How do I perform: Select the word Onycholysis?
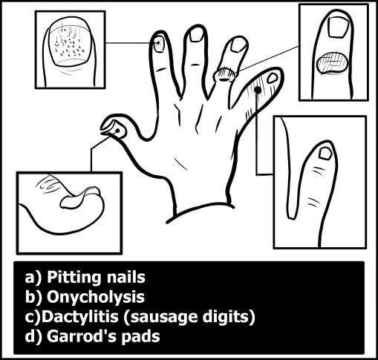point(90,298)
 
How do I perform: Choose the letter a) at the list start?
point(33,279)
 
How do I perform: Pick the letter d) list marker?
point(33,337)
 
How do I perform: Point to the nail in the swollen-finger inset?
point(325,154)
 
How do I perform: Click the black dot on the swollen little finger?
point(258,90)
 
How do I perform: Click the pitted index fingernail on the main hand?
point(158,44)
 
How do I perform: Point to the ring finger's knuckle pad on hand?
point(225,73)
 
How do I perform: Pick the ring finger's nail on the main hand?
point(237,45)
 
